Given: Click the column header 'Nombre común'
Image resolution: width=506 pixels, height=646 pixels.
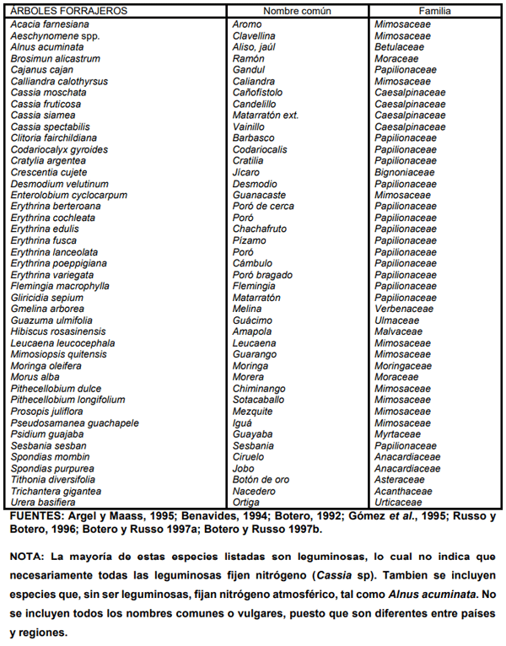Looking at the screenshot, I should click(x=297, y=12).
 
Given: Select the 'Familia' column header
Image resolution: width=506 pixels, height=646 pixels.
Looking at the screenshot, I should click(x=432, y=12).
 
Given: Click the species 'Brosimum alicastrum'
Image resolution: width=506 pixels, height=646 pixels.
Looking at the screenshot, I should click(x=55, y=59).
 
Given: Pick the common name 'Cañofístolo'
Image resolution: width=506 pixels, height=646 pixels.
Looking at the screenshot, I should click(x=259, y=93).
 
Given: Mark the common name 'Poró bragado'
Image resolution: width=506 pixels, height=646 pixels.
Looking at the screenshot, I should click(x=262, y=275).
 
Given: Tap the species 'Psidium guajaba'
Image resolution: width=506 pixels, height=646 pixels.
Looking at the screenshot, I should click(x=46, y=434).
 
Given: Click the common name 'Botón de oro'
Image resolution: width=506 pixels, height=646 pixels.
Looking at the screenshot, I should click(x=261, y=480).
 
